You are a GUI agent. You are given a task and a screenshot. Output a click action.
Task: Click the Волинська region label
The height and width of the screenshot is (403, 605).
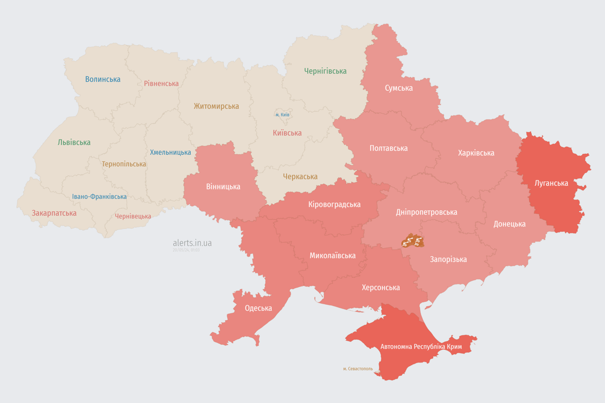[103, 79]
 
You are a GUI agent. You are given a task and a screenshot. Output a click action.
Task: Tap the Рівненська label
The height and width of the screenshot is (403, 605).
[161, 83]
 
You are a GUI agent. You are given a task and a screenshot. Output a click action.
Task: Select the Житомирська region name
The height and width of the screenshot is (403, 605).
[216, 106]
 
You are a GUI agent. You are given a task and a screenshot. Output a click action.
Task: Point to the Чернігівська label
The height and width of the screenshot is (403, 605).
[325, 71]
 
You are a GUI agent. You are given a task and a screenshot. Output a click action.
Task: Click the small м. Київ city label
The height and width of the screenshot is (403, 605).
[282, 114]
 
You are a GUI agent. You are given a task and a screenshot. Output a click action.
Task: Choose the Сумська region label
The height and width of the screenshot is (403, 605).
[399, 88]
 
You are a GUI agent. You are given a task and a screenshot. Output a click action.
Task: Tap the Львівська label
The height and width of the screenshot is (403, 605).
[74, 142]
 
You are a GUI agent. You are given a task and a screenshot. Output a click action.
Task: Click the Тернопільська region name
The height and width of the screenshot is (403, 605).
[124, 164]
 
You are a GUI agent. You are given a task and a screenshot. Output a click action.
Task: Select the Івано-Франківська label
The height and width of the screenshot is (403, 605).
[99, 197]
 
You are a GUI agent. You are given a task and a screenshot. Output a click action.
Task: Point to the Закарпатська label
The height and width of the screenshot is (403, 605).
[54, 213]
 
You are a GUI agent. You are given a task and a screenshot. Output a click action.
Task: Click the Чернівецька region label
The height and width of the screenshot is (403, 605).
[133, 216]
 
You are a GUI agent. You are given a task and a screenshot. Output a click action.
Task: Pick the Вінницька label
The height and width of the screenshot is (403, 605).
[223, 186]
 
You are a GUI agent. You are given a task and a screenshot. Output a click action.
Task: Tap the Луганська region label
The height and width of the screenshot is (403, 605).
[551, 183]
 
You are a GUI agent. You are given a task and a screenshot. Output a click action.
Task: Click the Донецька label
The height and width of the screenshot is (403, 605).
[509, 224]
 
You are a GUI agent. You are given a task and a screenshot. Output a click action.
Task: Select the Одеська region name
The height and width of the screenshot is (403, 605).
[258, 308]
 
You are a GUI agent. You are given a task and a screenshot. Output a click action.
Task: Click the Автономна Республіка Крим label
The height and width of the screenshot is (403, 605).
[421, 347]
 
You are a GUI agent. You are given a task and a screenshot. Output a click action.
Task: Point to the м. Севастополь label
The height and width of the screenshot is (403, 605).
[358, 369]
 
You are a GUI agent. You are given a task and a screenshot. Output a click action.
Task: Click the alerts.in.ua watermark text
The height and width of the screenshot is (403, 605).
[192, 243]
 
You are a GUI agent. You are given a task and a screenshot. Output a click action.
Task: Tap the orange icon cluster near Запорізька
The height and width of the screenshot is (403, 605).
[412, 241]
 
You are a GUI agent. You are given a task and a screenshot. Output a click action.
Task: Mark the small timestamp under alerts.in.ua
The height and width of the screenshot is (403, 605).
[186, 250]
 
